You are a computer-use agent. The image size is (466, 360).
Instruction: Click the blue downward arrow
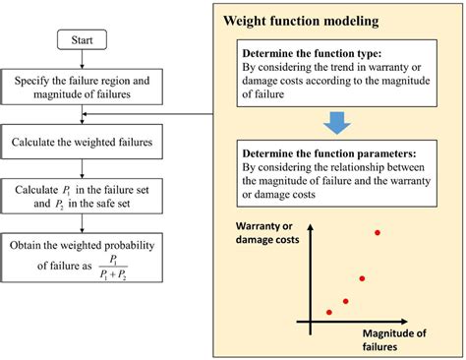pos(336,121)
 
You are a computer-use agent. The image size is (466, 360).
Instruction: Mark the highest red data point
pos(378,232)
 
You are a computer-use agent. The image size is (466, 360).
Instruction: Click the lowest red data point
pos(328,312)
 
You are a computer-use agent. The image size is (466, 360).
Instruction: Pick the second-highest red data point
pos(364,278)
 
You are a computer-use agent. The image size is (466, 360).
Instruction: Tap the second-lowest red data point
pos(345,301)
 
